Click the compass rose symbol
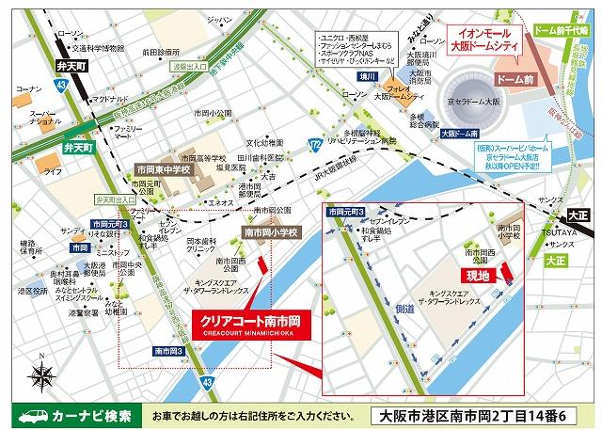click(x=41, y=374)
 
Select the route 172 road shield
click(x=314, y=142)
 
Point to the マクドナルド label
click(x=111, y=99)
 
